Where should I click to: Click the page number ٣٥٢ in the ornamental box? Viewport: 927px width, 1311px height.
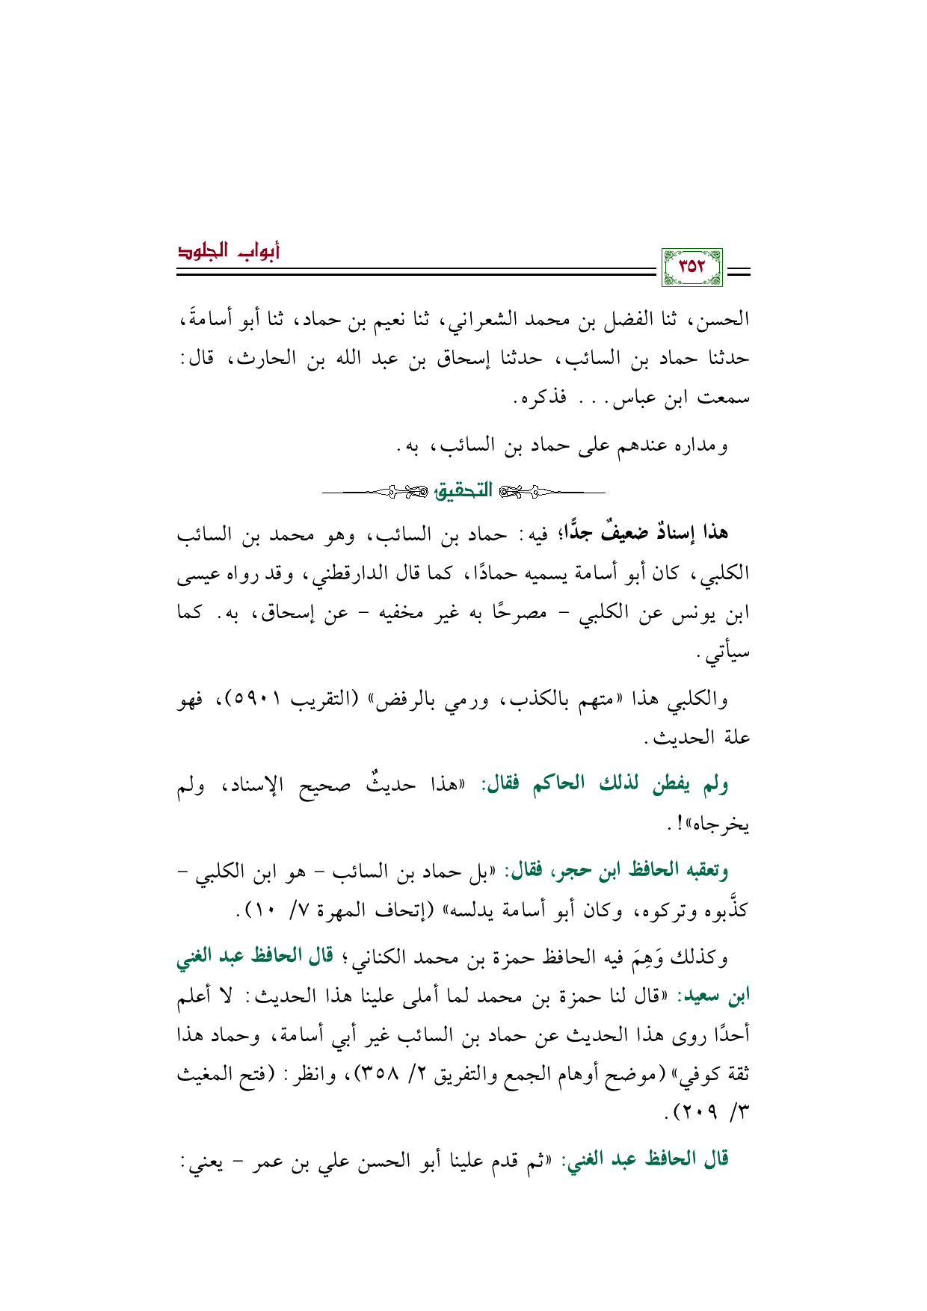692,267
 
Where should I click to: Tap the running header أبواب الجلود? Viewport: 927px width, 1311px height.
228,251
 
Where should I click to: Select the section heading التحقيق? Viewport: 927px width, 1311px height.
464,491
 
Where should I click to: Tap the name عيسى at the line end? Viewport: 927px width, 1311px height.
200,574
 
